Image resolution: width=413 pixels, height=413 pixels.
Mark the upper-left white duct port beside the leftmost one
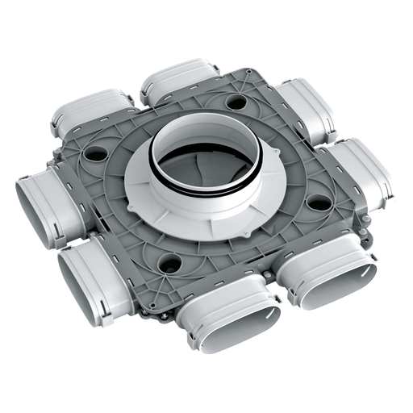77,121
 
